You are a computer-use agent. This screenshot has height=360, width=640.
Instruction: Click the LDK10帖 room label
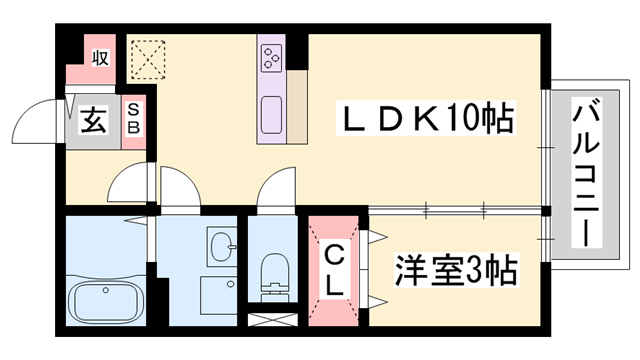[427, 122]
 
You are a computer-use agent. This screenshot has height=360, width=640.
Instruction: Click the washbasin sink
[221, 246]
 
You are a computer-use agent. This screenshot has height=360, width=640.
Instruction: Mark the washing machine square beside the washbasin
[217, 296]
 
